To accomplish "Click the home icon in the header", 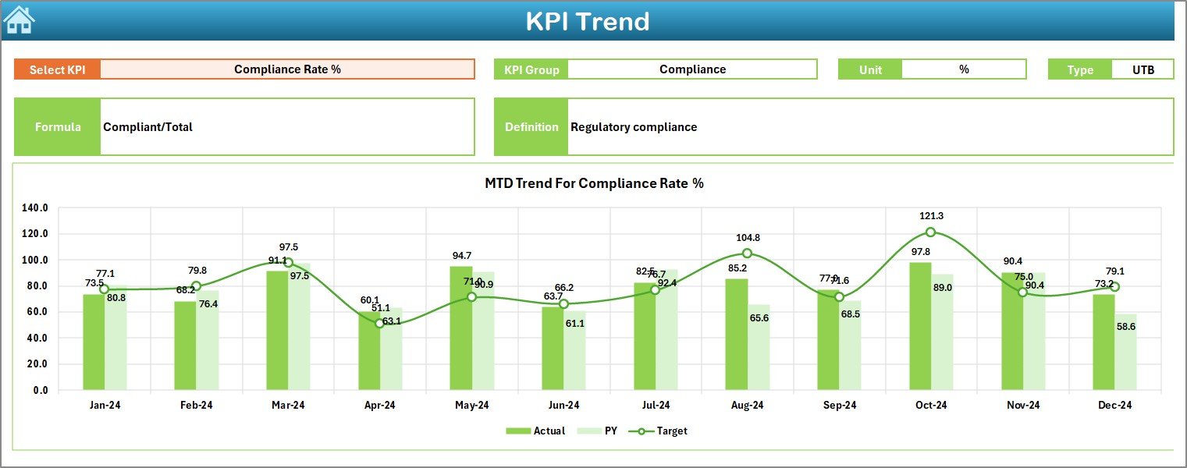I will [19, 19].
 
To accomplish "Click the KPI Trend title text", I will [587, 21].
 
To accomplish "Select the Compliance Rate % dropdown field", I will [287, 69].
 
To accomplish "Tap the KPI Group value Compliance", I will [692, 69].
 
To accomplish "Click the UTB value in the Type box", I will [1143, 69].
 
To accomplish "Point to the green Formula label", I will [58, 127].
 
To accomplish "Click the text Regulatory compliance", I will [634, 127].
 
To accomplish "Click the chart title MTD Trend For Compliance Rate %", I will [594, 183].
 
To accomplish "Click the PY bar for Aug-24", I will [759, 347].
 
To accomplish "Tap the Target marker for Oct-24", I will [930, 232].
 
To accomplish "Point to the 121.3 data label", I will [931, 216].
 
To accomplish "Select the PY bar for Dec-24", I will [1125, 352].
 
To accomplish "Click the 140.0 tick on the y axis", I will [36, 208].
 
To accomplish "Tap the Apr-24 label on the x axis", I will [380, 406].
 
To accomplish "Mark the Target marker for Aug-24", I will [747, 253].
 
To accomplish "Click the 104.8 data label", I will [747, 238].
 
